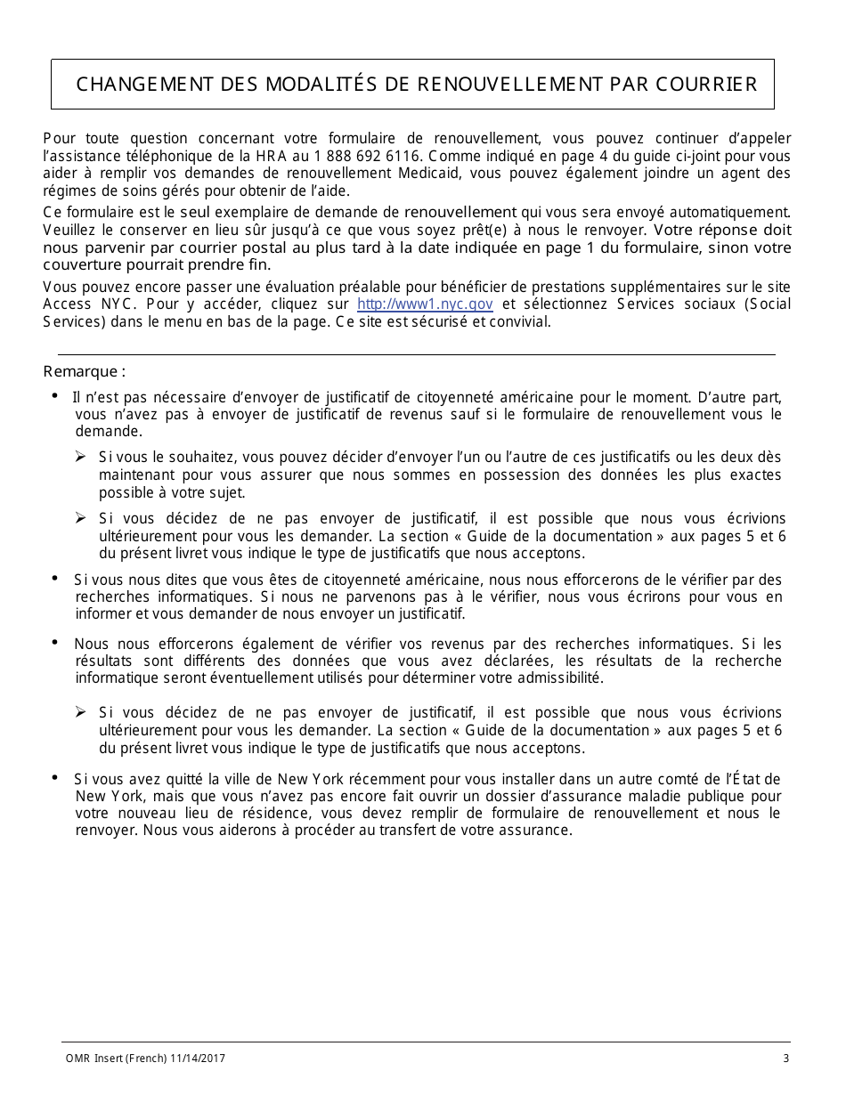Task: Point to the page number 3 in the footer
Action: pyautogui.click(x=785, y=1058)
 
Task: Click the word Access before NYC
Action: pyautogui.click(x=67, y=304)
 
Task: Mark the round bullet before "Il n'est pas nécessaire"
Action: pyautogui.click(x=55, y=396)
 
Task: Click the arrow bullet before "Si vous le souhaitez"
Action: pyautogui.click(x=80, y=457)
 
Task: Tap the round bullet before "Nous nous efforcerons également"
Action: pyautogui.click(x=55, y=643)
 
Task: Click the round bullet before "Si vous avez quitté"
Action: pyautogui.click(x=55, y=778)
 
